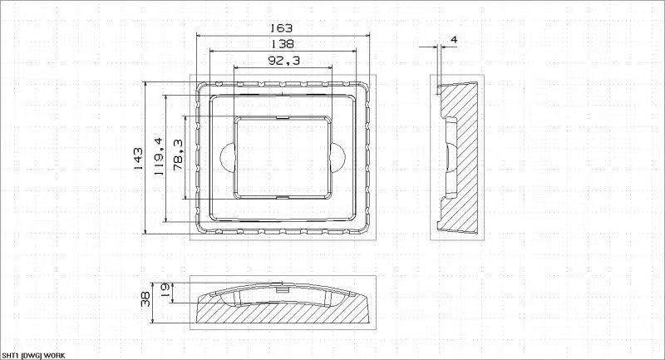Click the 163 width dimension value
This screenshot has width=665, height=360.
click(x=282, y=28)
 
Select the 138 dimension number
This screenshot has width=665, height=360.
click(x=282, y=44)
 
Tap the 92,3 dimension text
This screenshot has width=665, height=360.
click(x=283, y=61)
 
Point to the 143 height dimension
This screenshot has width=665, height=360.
click(x=139, y=159)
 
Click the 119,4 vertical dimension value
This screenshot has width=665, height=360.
click(x=159, y=156)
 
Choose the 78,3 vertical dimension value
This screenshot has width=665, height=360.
click(x=178, y=155)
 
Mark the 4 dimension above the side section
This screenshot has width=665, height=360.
click(x=454, y=40)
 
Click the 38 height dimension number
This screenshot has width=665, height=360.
click(x=145, y=298)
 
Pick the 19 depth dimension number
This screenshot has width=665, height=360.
click(x=165, y=289)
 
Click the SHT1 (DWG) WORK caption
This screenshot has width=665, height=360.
click(x=33, y=356)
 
